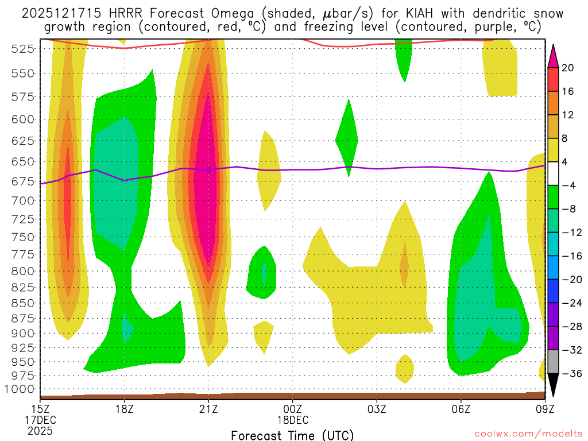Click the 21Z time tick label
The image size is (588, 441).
pos(208,409)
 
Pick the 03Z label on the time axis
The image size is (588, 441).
pos(377,409)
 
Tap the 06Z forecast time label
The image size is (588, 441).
pos(461,409)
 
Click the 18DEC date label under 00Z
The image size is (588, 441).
pos(292,420)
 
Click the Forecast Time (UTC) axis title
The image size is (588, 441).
pos(292,435)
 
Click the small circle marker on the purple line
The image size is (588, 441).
pos(208,169)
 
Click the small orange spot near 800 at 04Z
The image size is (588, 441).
pos(404,265)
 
